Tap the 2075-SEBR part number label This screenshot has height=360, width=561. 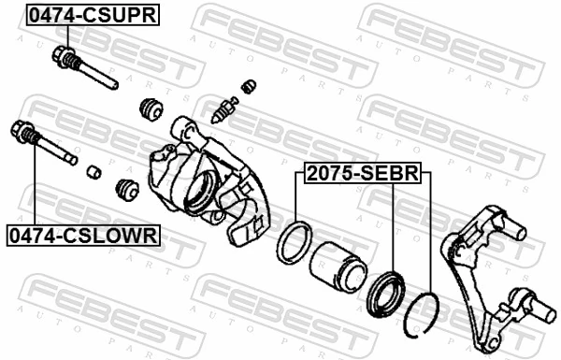coord(361,173)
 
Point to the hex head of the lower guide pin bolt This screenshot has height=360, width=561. coord(22,130)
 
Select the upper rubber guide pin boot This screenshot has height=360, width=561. coord(149,108)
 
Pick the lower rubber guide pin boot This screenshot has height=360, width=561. coord(124,190)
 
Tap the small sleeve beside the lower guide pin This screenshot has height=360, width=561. coord(93,172)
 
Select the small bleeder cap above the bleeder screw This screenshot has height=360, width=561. coord(249,87)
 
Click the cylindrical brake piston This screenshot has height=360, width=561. coord(336,266)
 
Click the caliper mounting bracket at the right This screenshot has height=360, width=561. coord(486,271)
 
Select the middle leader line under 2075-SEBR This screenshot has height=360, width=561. coord(393,224)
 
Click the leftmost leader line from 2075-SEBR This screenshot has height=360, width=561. coord(296,201)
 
